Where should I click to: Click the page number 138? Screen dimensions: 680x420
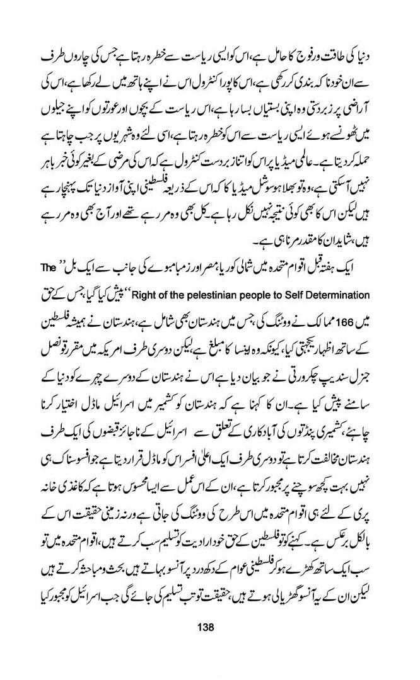pos(206,627)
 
